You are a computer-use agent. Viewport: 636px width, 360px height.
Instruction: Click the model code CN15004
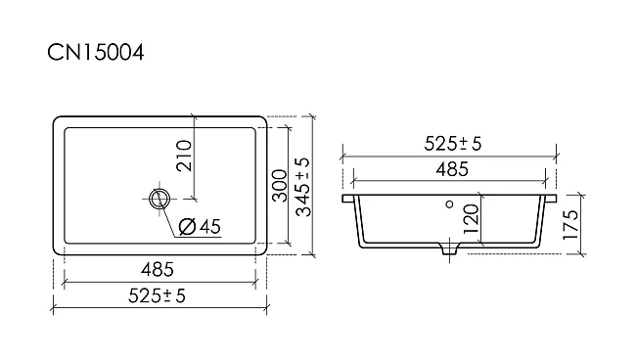tap(96, 53)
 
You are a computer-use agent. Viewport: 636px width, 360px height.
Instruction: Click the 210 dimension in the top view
tap(184, 156)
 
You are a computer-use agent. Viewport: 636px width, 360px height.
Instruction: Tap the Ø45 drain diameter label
tap(200, 226)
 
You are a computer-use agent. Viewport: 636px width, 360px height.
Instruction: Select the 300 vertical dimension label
tap(280, 186)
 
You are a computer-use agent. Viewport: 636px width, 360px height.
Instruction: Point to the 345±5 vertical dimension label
tap(303, 187)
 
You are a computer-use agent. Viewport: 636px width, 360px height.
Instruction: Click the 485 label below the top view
tap(158, 270)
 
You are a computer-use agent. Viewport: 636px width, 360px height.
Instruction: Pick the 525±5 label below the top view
tap(157, 295)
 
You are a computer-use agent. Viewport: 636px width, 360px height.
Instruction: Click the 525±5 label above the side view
tap(453, 144)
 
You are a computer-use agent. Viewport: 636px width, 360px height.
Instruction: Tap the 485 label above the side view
tap(452, 169)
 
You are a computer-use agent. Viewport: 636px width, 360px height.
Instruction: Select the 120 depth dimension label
tap(471, 219)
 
